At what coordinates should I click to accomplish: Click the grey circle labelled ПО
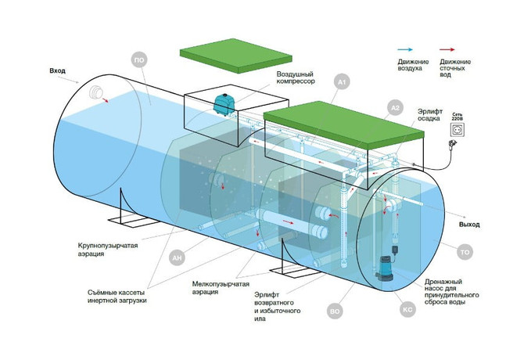pos(139,60)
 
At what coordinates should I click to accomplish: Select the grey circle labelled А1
pos(343,82)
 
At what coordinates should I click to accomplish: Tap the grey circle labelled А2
pos(395,108)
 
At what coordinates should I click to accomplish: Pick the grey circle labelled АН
pos(177,257)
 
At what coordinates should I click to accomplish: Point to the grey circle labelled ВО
pos(335,311)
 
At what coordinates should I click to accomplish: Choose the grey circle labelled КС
pos(407,310)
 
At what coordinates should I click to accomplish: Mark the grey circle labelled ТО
pos(465,252)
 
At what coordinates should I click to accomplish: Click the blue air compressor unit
pos(222,104)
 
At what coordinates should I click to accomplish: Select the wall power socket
pos(458,129)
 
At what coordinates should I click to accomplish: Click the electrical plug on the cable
pos(453,145)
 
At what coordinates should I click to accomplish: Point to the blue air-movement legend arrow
pos(405,50)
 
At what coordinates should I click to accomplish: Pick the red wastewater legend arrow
pos(447,50)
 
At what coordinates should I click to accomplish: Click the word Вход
pos(57,71)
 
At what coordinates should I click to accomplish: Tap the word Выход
pos(469,225)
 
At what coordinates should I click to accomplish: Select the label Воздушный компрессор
pos(296,77)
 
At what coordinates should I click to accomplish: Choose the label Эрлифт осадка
pos(430,114)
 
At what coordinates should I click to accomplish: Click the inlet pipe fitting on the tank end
pos(96,92)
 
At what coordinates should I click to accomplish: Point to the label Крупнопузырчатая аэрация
pos(108,250)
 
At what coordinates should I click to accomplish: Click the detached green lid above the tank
pos(236,56)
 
